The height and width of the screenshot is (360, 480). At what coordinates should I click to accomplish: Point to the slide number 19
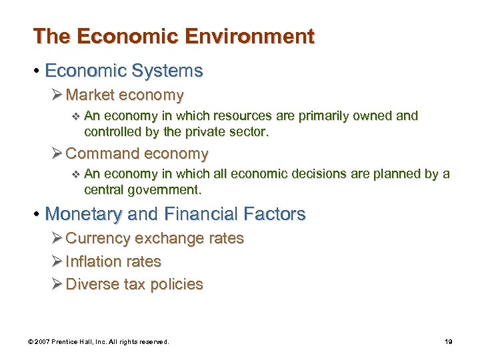click(448, 342)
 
